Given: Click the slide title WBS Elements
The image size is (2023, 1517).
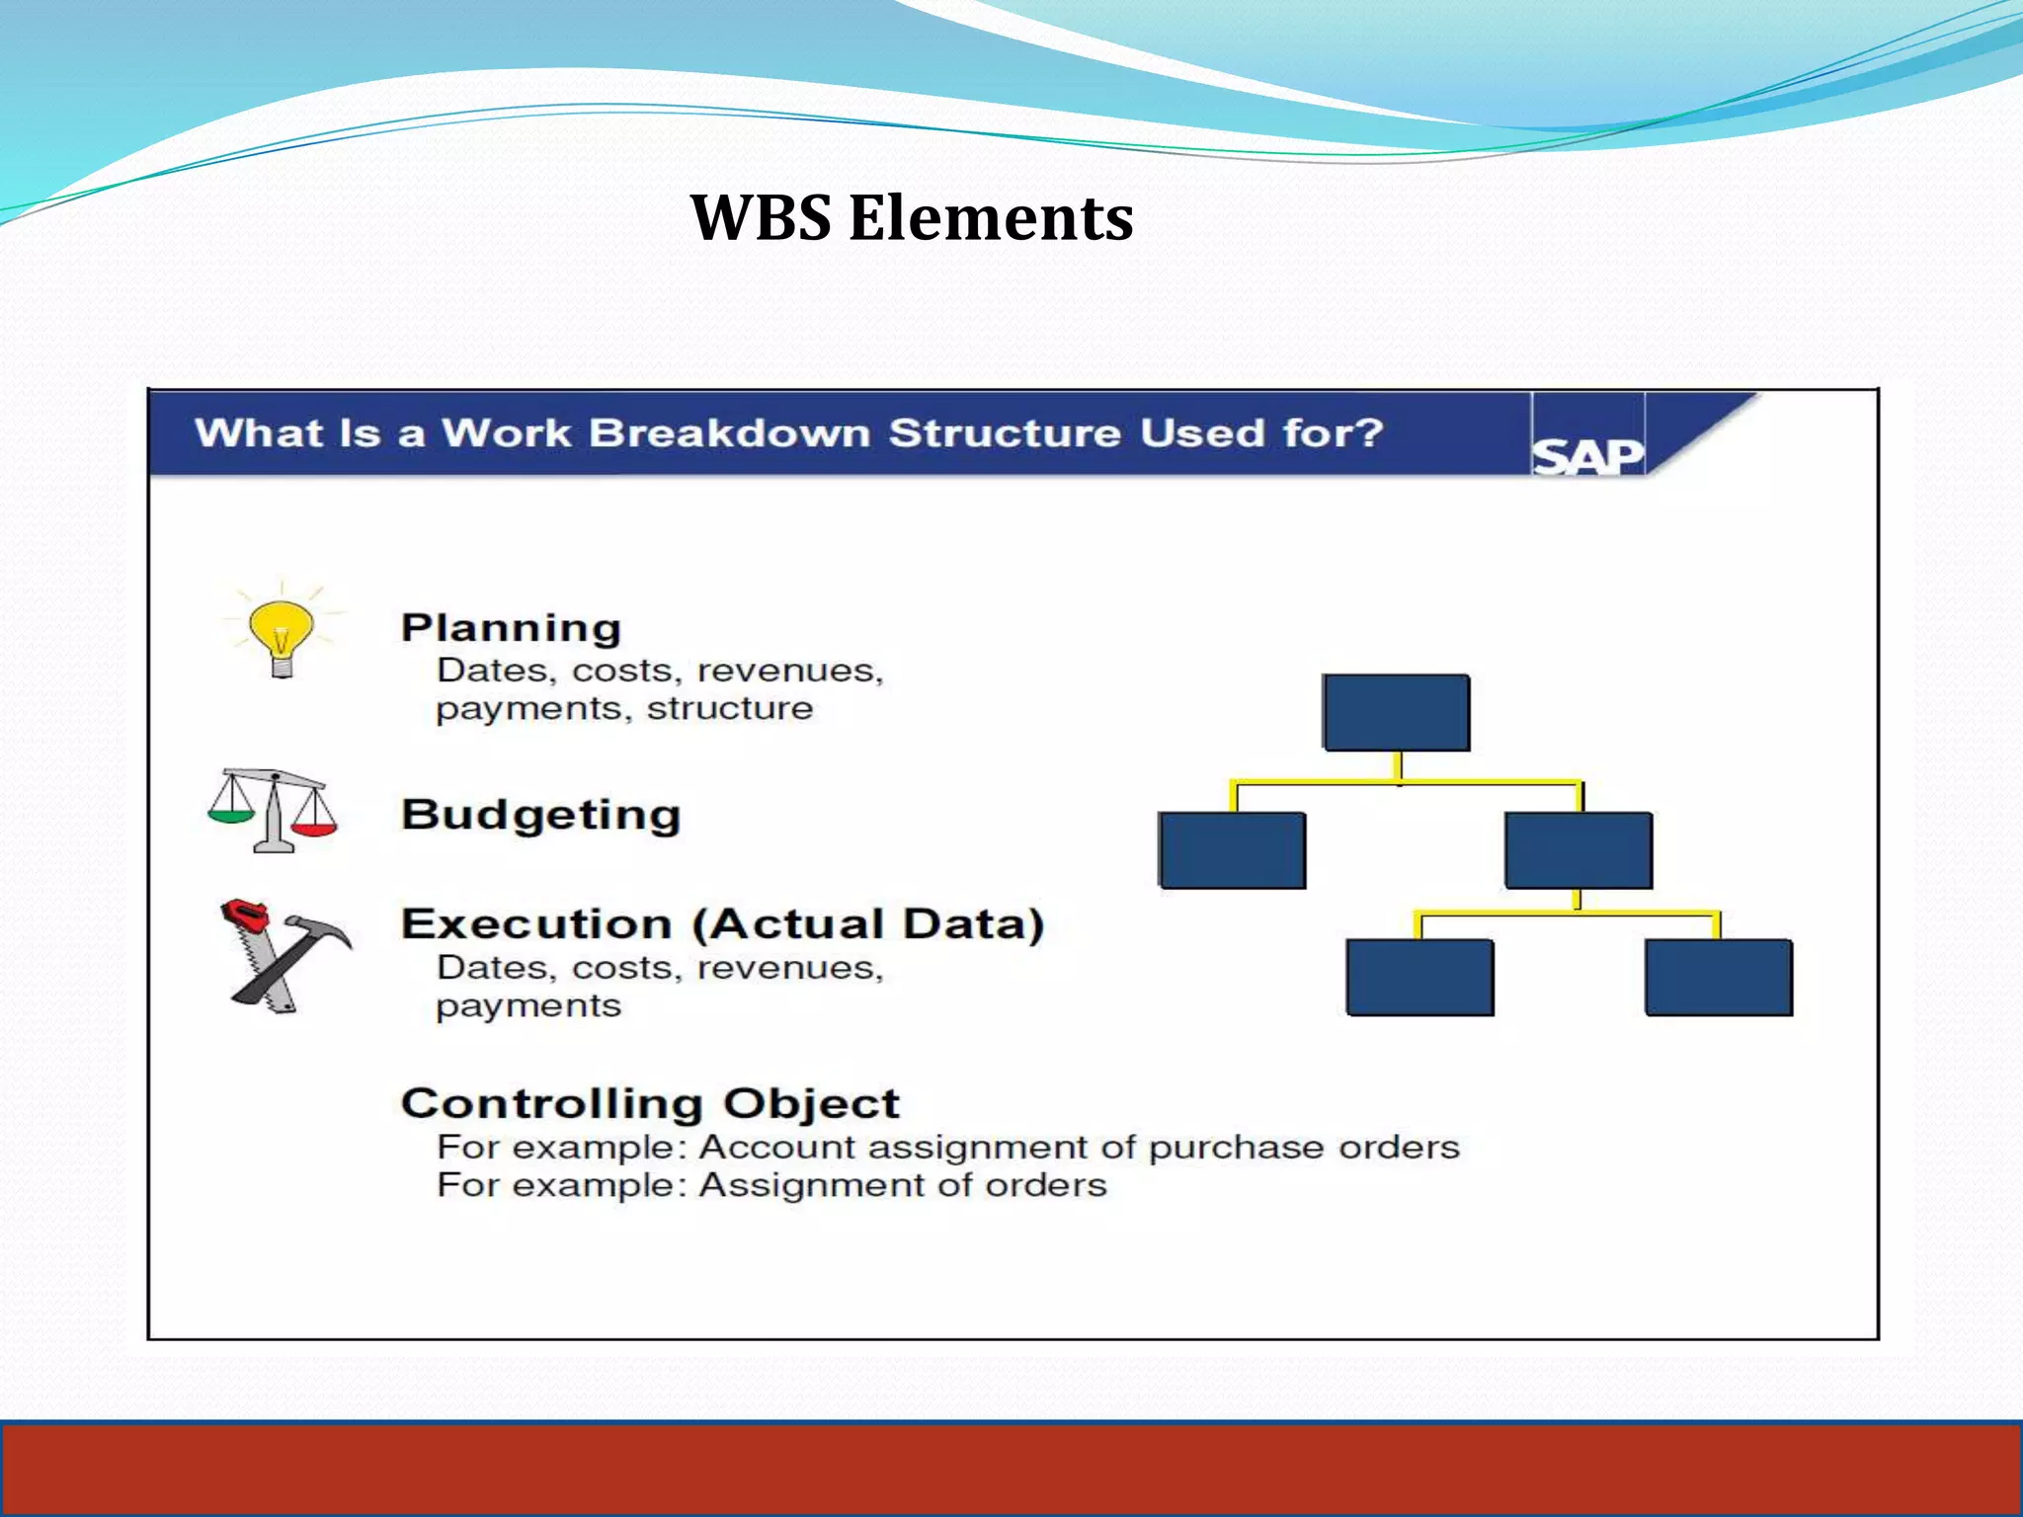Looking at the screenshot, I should click(x=911, y=217).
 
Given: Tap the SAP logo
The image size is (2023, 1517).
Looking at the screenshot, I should click(x=1587, y=456).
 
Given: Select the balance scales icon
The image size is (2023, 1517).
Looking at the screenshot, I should click(x=273, y=810).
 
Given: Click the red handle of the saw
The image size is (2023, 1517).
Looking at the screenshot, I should click(x=243, y=913).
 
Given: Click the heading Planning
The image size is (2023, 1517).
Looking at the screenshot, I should click(x=511, y=628).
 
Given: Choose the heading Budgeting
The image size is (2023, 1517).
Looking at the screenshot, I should click(x=540, y=815).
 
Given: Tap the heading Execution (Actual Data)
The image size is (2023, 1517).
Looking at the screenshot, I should click(x=722, y=923).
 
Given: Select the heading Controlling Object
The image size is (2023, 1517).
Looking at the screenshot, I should click(x=650, y=1103).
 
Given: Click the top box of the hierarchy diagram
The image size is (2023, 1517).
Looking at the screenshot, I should click(x=1396, y=712).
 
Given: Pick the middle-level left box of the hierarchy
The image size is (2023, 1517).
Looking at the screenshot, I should click(x=1232, y=850).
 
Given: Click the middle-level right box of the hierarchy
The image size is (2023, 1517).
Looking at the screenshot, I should click(x=1578, y=850).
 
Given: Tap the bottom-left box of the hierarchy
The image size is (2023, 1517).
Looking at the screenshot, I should click(x=1419, y=977).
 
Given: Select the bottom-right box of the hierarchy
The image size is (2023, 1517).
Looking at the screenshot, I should click(x=1719, y=977).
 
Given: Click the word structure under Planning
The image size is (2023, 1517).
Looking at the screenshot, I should click(x=729, y=708).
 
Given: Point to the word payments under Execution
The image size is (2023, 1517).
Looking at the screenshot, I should click(x=528, y=1005).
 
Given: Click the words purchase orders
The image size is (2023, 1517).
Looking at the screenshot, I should click(x=1304, y=1147).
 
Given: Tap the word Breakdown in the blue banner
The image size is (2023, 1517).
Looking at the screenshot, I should click(x=728, y=433).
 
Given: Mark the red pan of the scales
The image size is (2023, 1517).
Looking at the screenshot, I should click(x=315, y=829).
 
